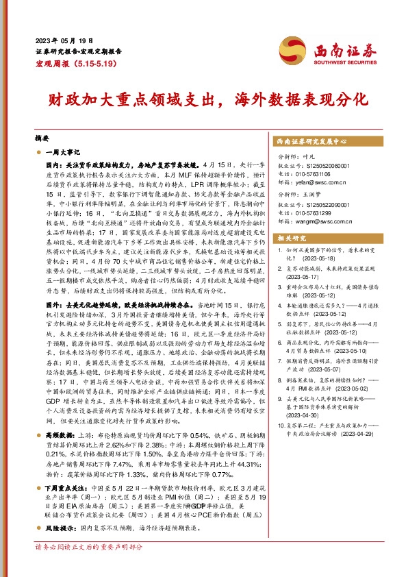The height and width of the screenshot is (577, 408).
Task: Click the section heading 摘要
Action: pos(42,137)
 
